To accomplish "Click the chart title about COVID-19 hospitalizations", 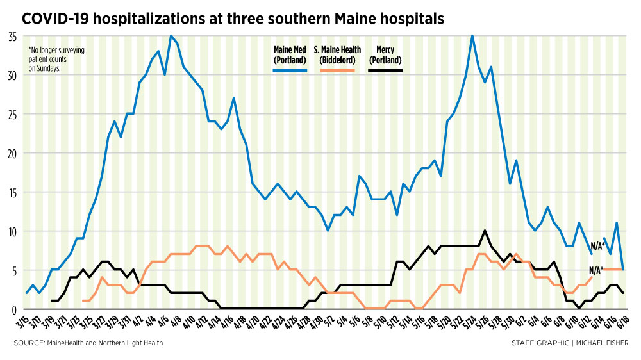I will pyautogui.click(x=233, y=19).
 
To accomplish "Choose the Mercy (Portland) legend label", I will pyautogui.click(x=385, y=54).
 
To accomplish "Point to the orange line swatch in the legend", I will pyautogui.click(x=337, y=69).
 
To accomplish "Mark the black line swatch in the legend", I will pyautogui.click(x=385, y=69).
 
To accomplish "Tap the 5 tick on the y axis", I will pyautogui.click(x=14, y=270).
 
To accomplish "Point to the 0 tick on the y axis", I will pyautogui.click(x=14, y=309).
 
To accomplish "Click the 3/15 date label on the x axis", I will pyautogui.click(x=24, y=321).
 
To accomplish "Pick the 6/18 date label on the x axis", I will pyautogui.click(x=622, y=321).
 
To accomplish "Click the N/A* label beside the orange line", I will pyautogui.click(x=595, y=270).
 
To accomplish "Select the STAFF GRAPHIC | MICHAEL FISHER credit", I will pyautogui.click(x=569, y=343).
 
